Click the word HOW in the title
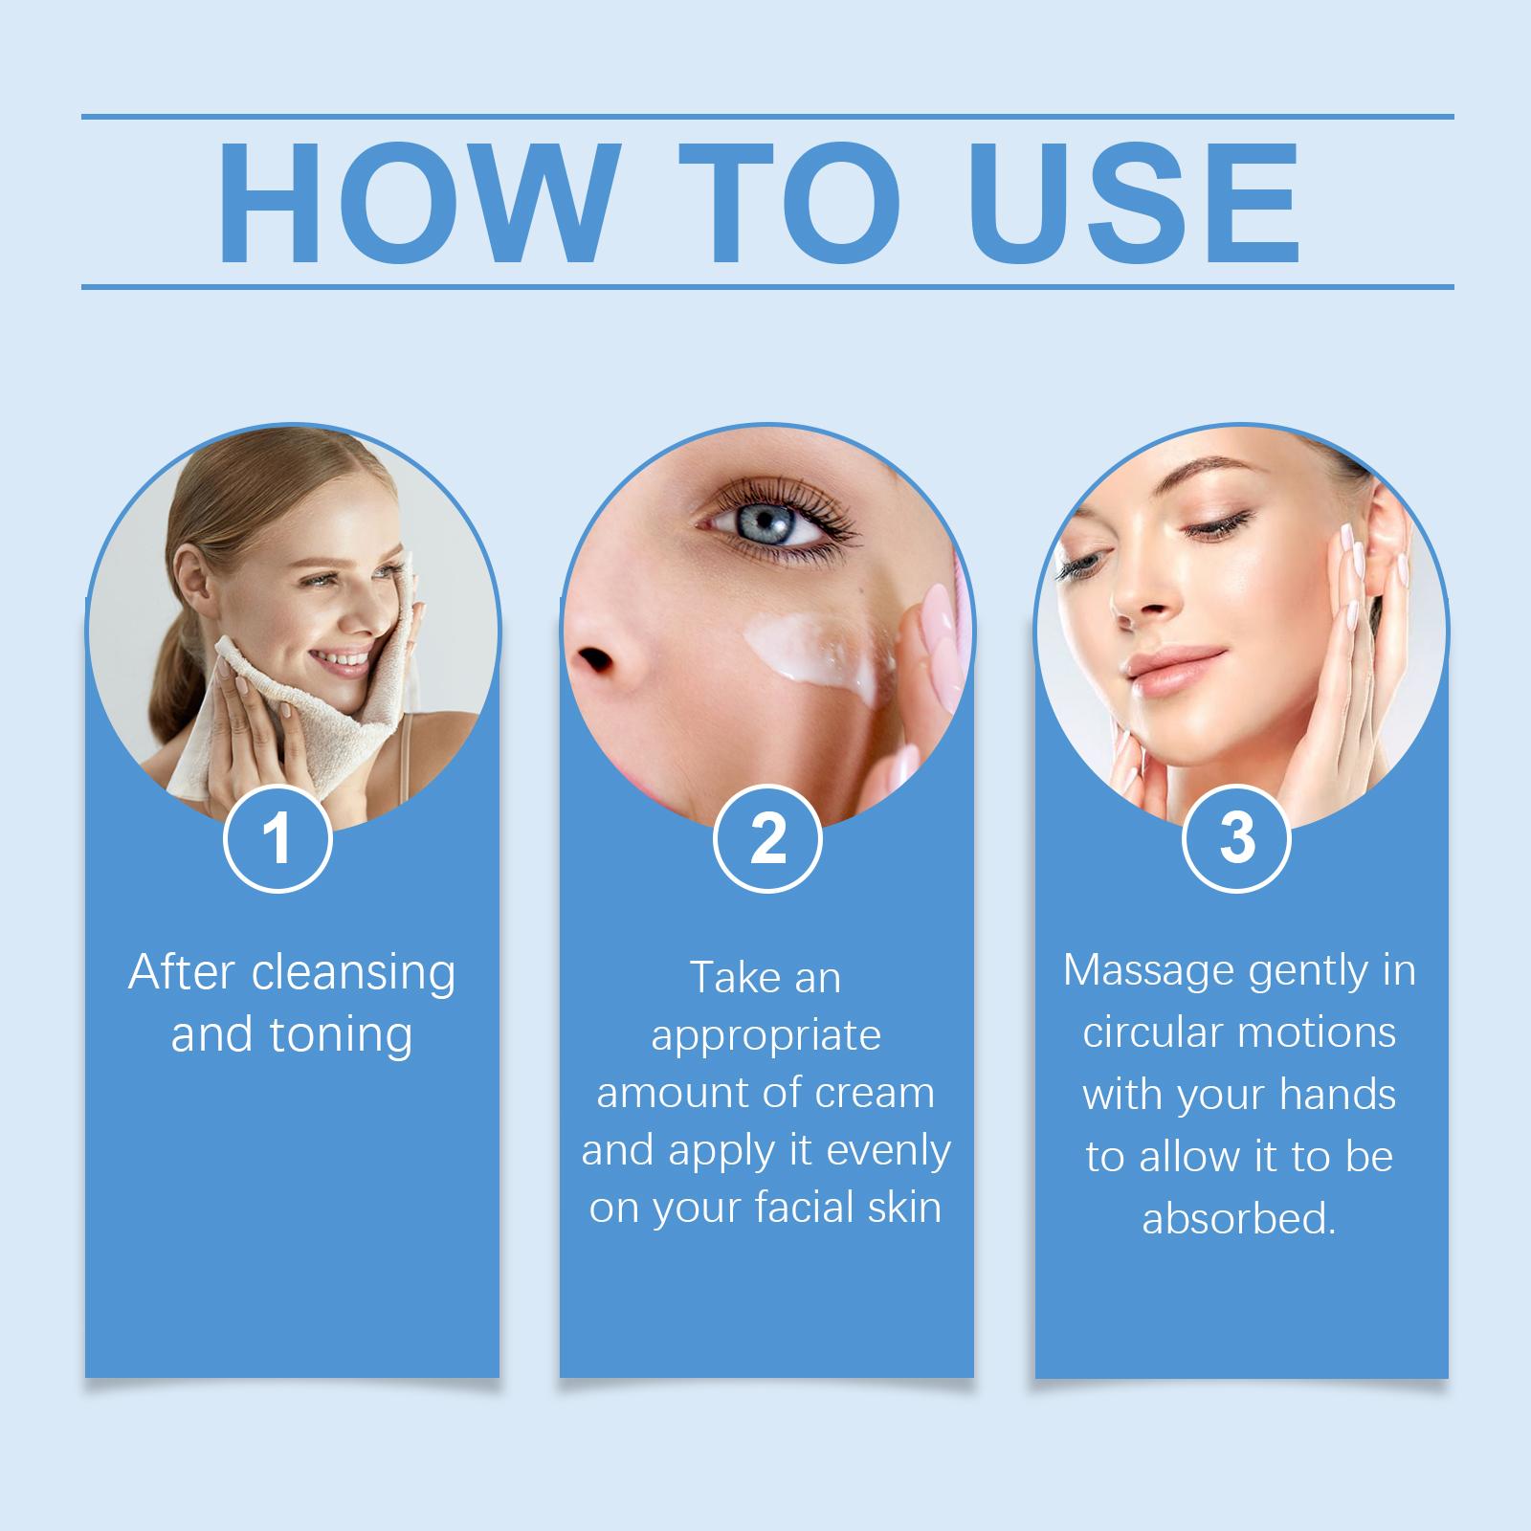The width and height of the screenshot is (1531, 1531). coord(413,204)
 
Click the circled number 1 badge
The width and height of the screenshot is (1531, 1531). coord(277,839)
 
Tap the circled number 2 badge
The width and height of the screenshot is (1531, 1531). coord(767,839)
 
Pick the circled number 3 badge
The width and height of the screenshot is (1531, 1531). coord(1237,838)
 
